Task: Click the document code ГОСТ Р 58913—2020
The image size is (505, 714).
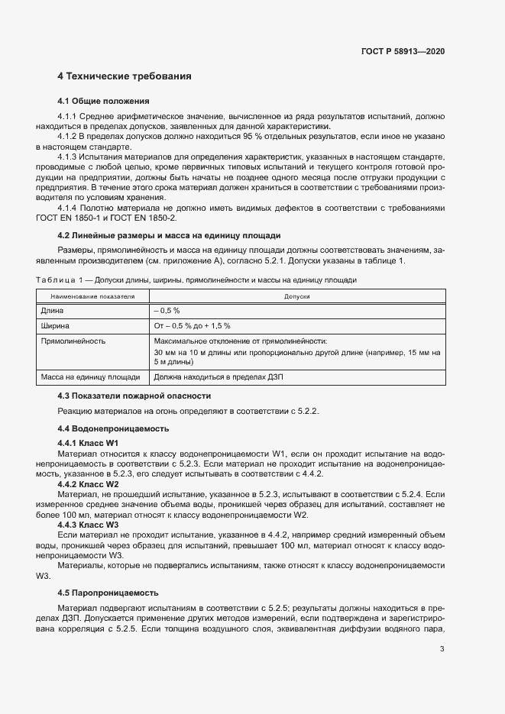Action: point(403,51)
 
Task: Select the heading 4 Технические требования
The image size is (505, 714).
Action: point(125,76)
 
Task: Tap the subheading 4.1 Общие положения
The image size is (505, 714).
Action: point(103,101)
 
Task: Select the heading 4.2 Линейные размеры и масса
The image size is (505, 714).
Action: point(169,235)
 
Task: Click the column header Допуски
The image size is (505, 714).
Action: point(296,296)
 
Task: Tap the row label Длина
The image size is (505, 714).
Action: point(53,311)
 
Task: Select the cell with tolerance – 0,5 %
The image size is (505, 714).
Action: point(167,311)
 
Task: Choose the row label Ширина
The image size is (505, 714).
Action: point(56,326)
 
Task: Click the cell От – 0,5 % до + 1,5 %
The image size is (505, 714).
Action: point(192,326)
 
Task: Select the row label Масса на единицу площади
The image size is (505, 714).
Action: point(90,376)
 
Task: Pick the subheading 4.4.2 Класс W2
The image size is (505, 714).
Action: point(89,484)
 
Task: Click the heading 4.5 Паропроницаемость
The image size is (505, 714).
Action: point(108,592)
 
